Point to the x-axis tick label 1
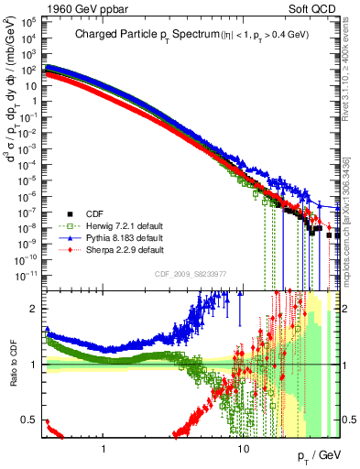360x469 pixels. click(x=104, y=438)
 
